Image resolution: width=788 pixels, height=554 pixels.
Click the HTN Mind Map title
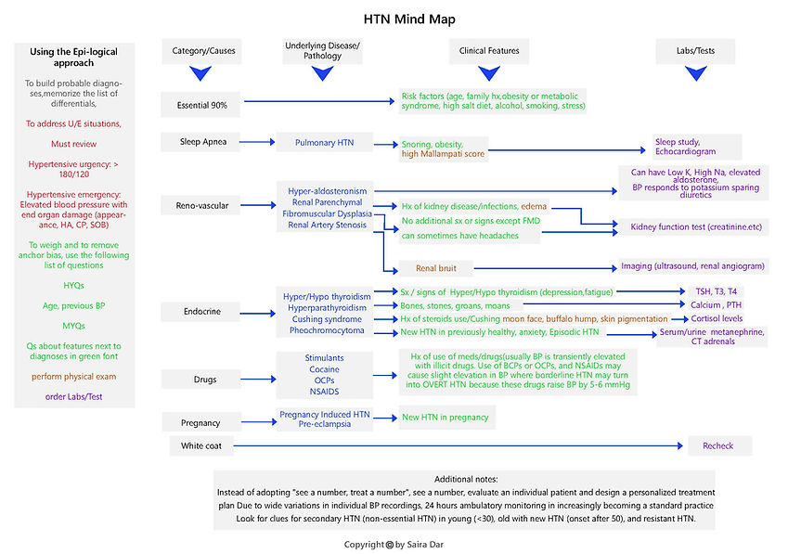395,19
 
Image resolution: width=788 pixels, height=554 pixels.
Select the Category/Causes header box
201,51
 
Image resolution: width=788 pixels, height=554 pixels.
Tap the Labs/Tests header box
682,51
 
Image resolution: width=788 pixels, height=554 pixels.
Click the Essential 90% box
201,106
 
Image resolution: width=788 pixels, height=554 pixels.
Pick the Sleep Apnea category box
201,143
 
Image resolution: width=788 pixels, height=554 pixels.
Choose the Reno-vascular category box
201,204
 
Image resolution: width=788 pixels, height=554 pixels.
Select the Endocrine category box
201,312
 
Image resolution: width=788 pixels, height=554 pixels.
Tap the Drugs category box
201,379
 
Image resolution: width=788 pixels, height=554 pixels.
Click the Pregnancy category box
201,422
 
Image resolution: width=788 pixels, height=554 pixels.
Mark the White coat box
201,446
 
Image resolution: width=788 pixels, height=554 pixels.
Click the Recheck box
717,446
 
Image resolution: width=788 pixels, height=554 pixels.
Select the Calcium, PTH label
716,304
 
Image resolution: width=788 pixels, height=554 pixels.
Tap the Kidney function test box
690,226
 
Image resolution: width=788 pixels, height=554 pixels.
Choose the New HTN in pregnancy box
445,418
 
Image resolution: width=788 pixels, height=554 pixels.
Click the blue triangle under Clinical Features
489,74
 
